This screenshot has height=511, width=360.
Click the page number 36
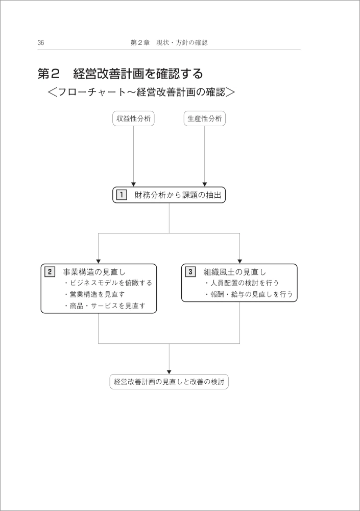pyautogui.click(x=41, y=43)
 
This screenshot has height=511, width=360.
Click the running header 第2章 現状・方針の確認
pyautogui.click(x=169, y=43)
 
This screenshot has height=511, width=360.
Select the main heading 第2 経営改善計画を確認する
pyautogui.click(x=120, y=74)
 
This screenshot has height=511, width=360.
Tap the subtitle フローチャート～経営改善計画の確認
pyautogui.click(x=141, y=92)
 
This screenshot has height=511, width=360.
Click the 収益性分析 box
pyautogui.click(x=133, y=119)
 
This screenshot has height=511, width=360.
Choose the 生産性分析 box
pyautogui.click(x=205, y=119)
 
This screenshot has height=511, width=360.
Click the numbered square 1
pyautogui.click(x=122, y=195)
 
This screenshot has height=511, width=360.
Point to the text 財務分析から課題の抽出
pyautogui.click(x=178, y=195)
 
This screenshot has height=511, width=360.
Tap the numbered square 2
pyautogui.click(x=50, y=272)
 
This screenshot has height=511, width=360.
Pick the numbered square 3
pyautogui.click(x=190, y=272)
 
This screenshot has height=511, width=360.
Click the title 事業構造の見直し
pyautogui.click(x=94, y=272)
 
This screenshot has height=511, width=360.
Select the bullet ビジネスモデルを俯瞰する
pyautogui.click(x=108, y=283)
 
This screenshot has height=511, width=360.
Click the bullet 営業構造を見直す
pyautogui.click(x=94, y=294)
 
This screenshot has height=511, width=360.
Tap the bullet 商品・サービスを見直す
pyautogui.click(x=104, y=306)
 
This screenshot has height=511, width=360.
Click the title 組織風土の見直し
pyautogui.click(x=235, y=272)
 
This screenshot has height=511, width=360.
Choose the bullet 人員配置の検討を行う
pyautogui.click(x=242, y=283)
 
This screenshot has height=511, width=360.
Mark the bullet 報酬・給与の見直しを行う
pyautogui.click(x=249, y=294)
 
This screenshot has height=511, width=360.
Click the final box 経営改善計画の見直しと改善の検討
pyautogui.click(x=169, y=382)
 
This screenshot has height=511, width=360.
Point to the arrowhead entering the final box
pyautogui.click(x=169, y=372)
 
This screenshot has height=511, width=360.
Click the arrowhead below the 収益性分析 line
pyautogui.click(x=133, y=184)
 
